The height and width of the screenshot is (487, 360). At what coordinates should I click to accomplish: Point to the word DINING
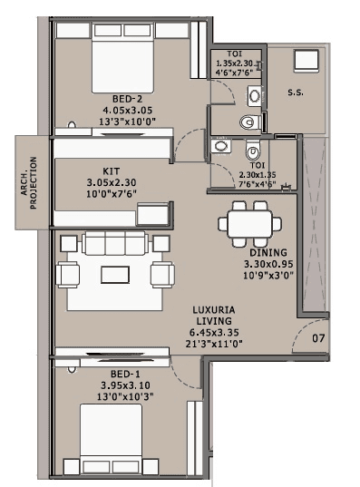click(268, 252)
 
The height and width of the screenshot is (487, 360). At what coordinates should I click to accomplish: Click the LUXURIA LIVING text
click(215, 315)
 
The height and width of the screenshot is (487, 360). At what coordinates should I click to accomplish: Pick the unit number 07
click(317, 339)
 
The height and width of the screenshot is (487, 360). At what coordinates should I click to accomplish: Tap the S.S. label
click(297, 93)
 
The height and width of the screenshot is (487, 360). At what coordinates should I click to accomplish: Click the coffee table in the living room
click(114, 275)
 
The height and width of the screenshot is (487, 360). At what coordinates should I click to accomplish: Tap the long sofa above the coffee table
click(114, 243)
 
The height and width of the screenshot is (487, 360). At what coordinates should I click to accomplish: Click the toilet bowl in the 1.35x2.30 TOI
click(249, 122)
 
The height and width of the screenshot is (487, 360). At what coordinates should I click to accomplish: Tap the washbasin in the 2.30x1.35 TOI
click(220, 146)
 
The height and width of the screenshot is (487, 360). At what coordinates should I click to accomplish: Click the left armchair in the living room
click(72, 275)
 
